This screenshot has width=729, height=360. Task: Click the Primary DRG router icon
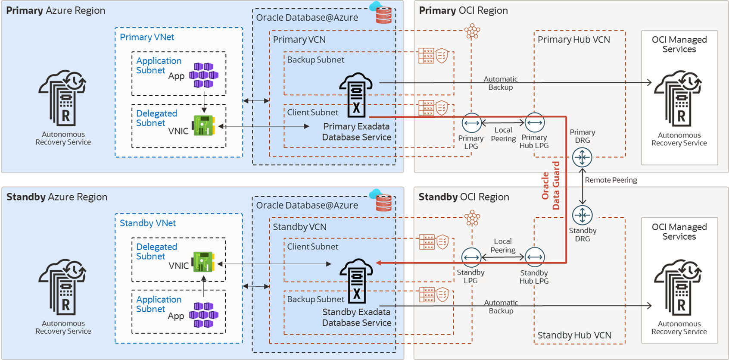coord(582,157)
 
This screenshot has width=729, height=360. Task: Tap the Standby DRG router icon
coord(582,215)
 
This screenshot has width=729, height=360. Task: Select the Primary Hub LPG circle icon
coord(534,123)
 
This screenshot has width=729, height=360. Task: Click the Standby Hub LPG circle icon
coord(534,257)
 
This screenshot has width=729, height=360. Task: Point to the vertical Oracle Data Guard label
coord(551,186)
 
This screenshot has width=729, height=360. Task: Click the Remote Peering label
coord(611,180)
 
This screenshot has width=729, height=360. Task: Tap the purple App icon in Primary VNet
coord(204,75)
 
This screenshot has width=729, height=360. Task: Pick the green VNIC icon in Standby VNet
coord(203,262)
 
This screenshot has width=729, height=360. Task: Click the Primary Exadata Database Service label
coord(357,132)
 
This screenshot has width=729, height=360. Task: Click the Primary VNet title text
coord(147,37)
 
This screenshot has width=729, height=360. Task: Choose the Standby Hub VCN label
coord(574,335)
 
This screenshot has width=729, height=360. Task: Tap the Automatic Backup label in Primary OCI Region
coord(501,83)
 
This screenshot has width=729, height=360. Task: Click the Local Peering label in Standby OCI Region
coord(503,245)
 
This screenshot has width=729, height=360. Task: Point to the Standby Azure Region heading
coord(57,197)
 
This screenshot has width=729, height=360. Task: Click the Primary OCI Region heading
coord(463,10)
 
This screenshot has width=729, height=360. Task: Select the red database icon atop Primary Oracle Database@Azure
coord(383,15)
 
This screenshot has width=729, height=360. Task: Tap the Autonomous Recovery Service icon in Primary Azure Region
coord(63,98)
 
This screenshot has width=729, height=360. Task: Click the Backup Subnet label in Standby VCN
coord(316,299)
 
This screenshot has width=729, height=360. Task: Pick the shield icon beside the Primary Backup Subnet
coord(442,56)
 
